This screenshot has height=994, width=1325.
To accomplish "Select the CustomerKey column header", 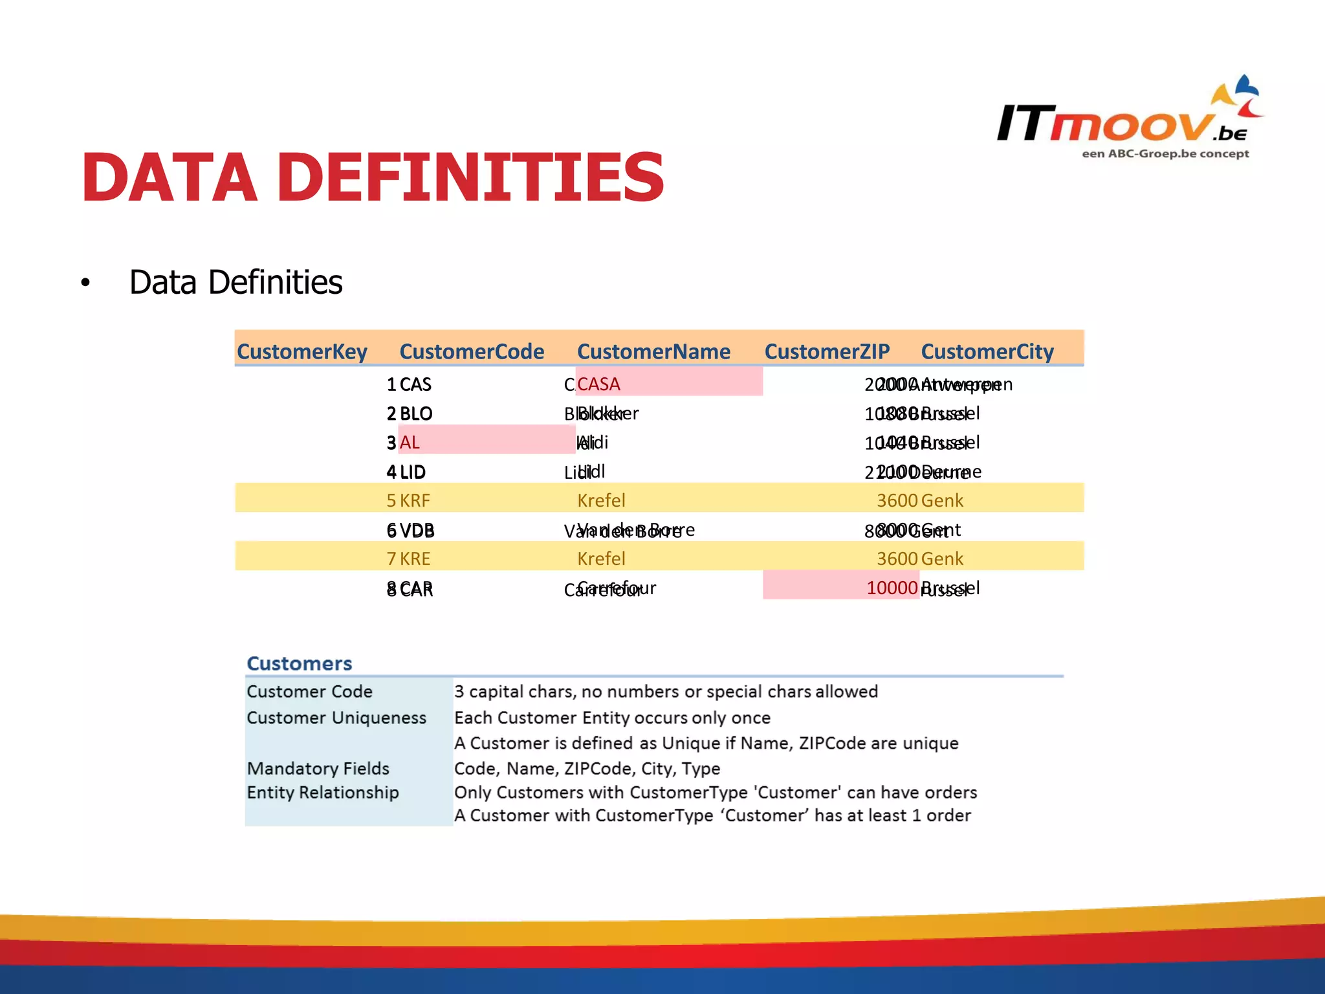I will coord(301,351).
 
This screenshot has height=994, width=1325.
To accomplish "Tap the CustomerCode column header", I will coord(472,351).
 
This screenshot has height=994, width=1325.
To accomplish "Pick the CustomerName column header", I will coord(653,351).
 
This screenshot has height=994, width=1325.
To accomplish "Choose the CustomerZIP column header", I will coord(827,351).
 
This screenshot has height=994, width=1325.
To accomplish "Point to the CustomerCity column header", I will coord(987,351).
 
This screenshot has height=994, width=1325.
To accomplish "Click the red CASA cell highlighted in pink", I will coord(599,384).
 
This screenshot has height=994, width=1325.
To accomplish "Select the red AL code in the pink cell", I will coord(410,443).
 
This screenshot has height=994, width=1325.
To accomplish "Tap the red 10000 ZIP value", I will coord(892,588).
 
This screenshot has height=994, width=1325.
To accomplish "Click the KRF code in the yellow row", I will coord(415,500).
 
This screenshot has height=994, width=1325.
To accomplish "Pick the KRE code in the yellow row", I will coord(415,558).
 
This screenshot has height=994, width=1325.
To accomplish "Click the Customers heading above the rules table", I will coord(300,663).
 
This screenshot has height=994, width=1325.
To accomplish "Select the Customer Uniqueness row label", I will coord(336,718).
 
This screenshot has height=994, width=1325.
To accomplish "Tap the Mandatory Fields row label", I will coord(318,768).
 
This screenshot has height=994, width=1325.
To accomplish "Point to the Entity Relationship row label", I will coord(323,792).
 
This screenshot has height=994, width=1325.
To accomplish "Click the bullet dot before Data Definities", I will coord(85,283).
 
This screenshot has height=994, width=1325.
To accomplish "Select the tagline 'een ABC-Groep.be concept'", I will coord(1165,154).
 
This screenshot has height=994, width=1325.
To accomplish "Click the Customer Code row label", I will coord(309,691).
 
